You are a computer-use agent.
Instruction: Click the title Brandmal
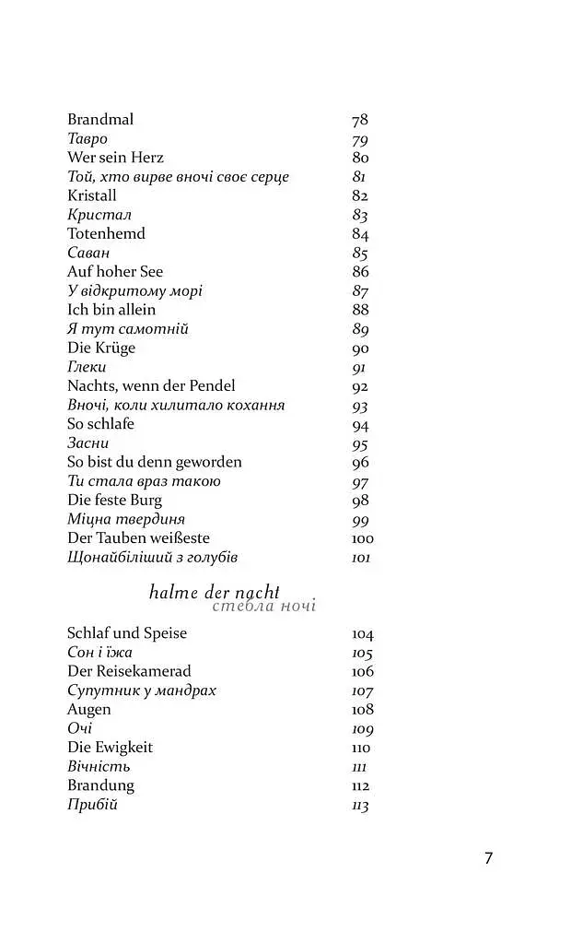pos(100,120)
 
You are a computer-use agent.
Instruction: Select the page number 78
pos(360,120)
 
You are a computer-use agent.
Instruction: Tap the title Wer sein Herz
pos(115,158)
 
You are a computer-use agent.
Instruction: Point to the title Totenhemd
pos(106,234)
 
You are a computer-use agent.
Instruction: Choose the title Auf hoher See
pos(115,272)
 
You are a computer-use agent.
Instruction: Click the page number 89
pos(360,329)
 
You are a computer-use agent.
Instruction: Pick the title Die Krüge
pos(101,348)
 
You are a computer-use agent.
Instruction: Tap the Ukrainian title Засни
pos(88,443)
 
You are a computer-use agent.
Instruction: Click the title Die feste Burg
pos(114,501)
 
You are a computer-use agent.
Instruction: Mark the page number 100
pos(363,538)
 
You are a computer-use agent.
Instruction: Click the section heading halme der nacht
pos(214,593)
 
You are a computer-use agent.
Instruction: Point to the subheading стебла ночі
pos(263,607)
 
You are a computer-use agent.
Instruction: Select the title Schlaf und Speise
pos(127,633)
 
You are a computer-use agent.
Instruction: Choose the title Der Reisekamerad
pos(129,671)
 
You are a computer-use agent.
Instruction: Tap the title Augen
pos(89,710)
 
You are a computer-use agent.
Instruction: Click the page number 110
pos(361,748)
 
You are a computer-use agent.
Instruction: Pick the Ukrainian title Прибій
pos(93,805)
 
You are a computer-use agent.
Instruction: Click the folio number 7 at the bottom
pos(489,858)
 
